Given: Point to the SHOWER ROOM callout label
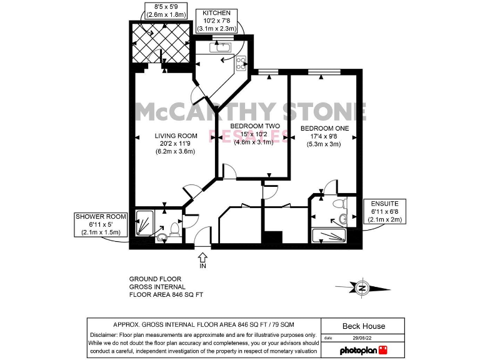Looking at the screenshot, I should point(101,217).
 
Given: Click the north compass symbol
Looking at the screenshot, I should point(361,288).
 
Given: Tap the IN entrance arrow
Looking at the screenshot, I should point(202,257).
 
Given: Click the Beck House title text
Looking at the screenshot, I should point(364,326).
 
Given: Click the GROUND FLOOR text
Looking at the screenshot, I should point(155,279).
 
